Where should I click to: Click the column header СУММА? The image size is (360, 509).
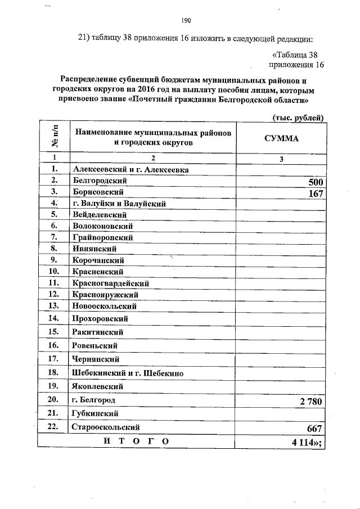tap(281, 138)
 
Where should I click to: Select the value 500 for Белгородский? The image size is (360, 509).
tap(315, 182)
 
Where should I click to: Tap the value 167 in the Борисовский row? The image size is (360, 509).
tap(315, 193)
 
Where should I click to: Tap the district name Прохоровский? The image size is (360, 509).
tap(100, 318)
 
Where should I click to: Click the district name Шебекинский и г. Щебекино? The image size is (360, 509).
tap(128, 372)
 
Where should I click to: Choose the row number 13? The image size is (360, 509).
tap(54, 305)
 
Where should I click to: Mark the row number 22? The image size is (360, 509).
tap(54, 427)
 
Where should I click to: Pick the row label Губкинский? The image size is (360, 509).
tap(94, 413)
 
